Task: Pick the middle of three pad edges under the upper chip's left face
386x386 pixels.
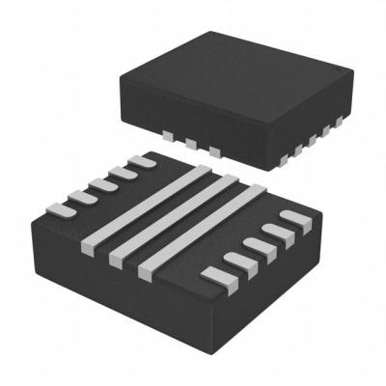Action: pos(189,146)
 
